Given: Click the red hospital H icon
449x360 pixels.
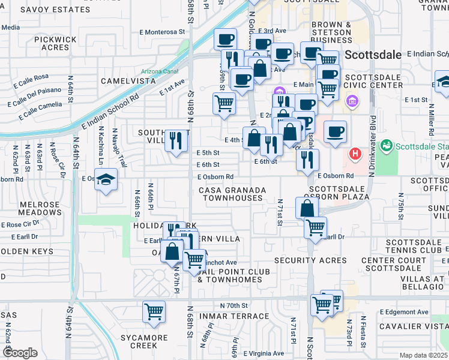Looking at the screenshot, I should click(356, 154).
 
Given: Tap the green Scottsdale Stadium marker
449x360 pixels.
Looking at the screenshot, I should click(387, 146).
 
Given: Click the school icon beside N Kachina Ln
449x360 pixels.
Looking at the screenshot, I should click(105, 180).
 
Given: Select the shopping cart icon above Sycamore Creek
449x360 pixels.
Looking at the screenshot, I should click(154, 311).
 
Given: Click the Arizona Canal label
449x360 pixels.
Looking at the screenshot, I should click(160, 71).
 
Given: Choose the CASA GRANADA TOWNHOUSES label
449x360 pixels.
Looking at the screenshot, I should click(232, 194).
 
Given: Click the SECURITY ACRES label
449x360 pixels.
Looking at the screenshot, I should click(310, 260).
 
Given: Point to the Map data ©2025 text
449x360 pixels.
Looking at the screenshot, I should click(423, 355).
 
